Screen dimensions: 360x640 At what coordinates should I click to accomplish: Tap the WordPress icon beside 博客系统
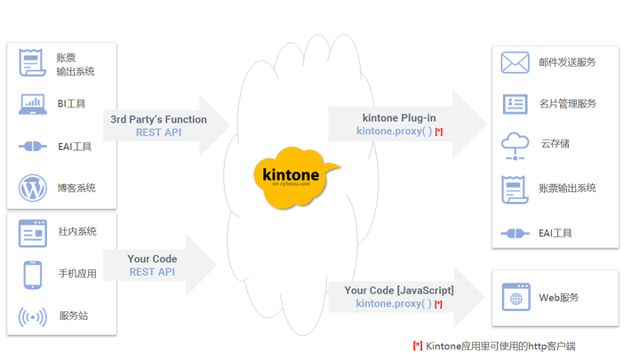(x=33, y=188)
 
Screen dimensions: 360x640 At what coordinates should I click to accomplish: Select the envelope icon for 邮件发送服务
(x=515, y=62)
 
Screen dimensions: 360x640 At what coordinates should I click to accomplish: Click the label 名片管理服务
(x=567, y=104)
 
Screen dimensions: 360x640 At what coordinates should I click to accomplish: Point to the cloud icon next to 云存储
(x=515, y=144)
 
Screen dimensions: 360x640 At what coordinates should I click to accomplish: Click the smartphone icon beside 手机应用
(x=33, y=274)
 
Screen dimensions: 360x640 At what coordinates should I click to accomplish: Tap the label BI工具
(x=72, y=104)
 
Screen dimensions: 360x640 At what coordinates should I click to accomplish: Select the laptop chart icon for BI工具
(x=33, y=104)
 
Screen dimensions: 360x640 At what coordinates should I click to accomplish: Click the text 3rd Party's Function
(x=158, y=119)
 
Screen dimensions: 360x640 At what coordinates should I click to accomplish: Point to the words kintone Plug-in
(x=399, y=117)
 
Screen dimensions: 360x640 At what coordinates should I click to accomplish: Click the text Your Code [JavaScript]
(x=399, y=290)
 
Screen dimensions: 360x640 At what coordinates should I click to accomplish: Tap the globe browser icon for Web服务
(x=515, y=298)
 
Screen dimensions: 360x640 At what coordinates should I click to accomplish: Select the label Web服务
(x=559, y=298)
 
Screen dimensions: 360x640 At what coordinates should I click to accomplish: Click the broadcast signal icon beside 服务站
(x=33, y=316)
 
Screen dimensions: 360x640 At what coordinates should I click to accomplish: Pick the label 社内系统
(x=77, y=232)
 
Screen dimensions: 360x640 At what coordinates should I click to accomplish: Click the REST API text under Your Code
(x=152, y=272)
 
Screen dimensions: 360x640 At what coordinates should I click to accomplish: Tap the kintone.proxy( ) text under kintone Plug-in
(x=394, y=132)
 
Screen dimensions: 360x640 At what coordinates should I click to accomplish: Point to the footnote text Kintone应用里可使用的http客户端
(x=505, y=345)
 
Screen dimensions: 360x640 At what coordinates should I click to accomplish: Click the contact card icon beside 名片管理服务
(x=515, y=104)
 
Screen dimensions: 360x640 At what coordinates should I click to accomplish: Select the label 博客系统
(x=77, y=188)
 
